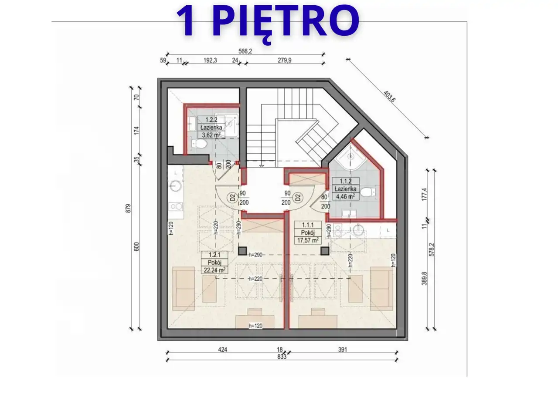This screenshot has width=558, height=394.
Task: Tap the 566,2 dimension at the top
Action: (x=245, y=51)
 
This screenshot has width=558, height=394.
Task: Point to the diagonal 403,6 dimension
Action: (x=389, y=97)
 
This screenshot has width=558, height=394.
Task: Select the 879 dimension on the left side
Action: (x=128, y=209)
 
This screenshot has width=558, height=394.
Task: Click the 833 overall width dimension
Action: (x=282, y=357)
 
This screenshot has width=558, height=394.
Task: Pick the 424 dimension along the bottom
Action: (x=222, y=350)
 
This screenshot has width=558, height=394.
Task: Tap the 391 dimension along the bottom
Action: (x=343, y=350)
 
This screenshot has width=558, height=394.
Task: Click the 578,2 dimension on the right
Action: (x=432, y=249)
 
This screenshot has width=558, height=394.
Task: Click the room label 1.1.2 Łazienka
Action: (x=346, y=185)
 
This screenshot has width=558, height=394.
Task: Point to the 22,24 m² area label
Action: (x=214, y=270)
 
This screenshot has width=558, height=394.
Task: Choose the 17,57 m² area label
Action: (x=308, y=240)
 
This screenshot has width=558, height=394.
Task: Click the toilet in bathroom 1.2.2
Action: (x=199, y=144)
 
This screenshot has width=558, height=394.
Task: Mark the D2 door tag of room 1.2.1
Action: (x=232, y=198)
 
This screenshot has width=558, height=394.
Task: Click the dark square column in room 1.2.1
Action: (x=242, y=251)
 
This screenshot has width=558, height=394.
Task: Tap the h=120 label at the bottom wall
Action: (x=255, y=326)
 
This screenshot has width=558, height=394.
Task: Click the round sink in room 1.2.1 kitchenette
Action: (x=175, y=185)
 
